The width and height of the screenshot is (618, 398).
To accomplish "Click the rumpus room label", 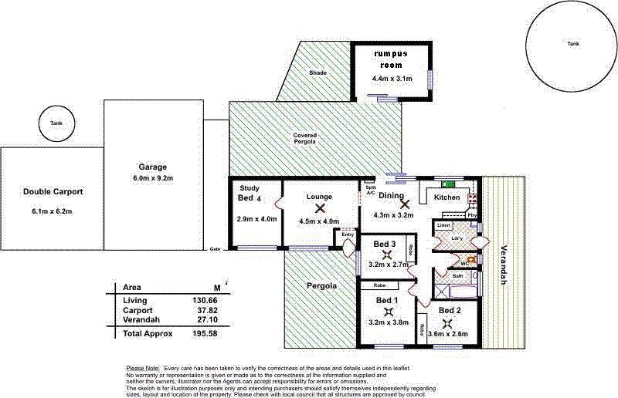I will [392, 60].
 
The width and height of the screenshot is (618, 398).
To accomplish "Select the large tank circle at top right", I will [572, 45].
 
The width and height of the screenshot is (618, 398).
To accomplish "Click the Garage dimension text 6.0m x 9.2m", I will [152, 178].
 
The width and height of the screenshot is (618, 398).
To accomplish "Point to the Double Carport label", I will [53, 192].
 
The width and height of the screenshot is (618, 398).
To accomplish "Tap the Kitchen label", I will [447, 197].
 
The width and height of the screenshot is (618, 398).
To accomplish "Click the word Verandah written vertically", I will [504, 267].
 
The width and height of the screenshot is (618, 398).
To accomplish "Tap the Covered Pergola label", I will [305, 139].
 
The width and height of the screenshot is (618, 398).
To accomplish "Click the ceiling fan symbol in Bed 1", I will [386, 311].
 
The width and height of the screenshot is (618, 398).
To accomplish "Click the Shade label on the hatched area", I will [318, 73].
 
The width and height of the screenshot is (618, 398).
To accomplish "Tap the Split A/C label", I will [369, 191].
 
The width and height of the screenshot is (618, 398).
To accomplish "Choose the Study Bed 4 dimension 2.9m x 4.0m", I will [255, 220].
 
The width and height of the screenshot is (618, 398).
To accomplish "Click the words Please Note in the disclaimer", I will [142, 367].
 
